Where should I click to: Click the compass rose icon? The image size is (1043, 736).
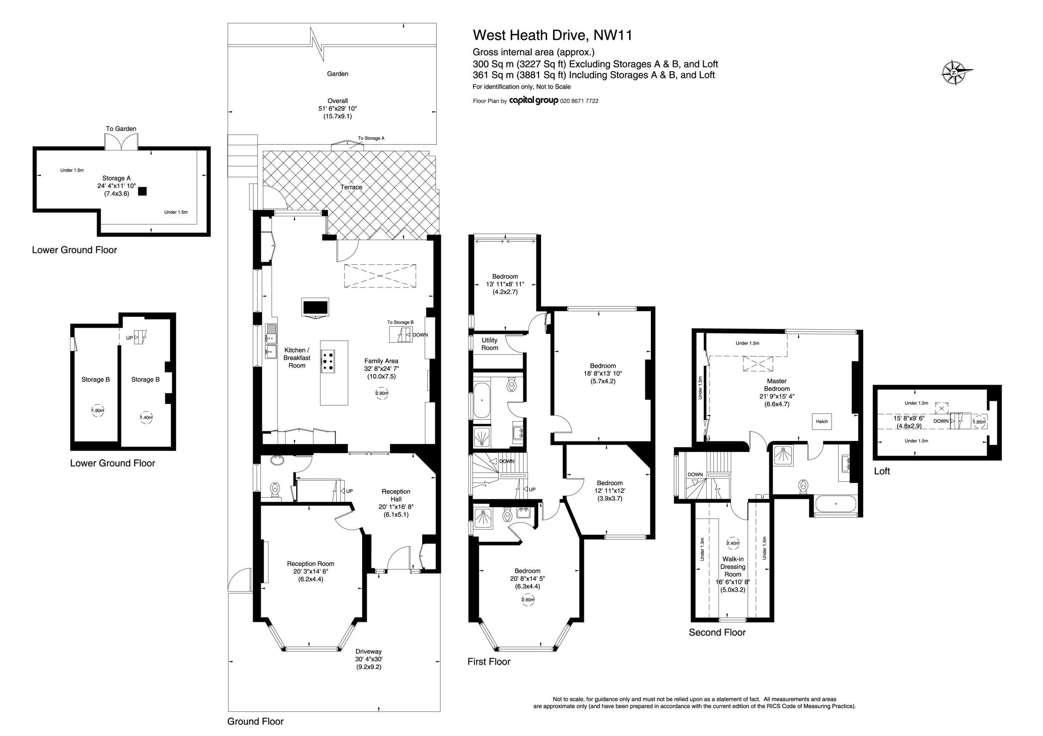tap(956, 73)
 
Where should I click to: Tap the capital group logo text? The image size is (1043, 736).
tap(533, 101)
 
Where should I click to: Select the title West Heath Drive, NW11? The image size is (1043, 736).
tap(552, 35)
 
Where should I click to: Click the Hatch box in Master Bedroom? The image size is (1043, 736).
tap(822, 421)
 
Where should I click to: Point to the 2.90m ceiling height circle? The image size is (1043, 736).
tap(382, 393)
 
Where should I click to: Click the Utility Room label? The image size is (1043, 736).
tap(490, 344)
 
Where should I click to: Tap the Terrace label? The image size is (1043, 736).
tap(351, 187)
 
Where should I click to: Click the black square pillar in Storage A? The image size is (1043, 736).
tap(143, 191)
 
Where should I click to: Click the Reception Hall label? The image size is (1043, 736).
tap(396, 495)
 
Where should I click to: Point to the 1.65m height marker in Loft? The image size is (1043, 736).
tap(979, 421)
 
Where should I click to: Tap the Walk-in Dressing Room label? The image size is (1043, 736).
tap(733, 567)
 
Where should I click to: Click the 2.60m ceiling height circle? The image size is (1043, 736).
tap(528, 599)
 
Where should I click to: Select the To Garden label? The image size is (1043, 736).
tap(121, 129)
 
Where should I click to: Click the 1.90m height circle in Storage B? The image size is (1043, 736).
tap(98, 411)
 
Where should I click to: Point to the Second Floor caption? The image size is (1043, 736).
tap(717, 633)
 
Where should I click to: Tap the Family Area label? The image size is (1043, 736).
tap(381, 361)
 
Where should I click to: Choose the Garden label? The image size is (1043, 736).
tap(338, 73)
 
